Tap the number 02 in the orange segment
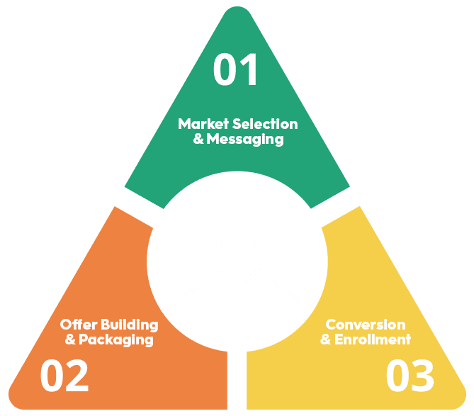[x=64, y=376]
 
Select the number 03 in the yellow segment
[x=410, y=376]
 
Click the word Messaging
[x=245, y=140]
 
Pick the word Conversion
[x=365, y=325]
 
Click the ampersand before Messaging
[x=198, y=140]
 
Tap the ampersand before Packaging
[x=70, y=339]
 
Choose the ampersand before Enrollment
[x=326, y=339]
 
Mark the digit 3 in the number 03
[x=423, y=376]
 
